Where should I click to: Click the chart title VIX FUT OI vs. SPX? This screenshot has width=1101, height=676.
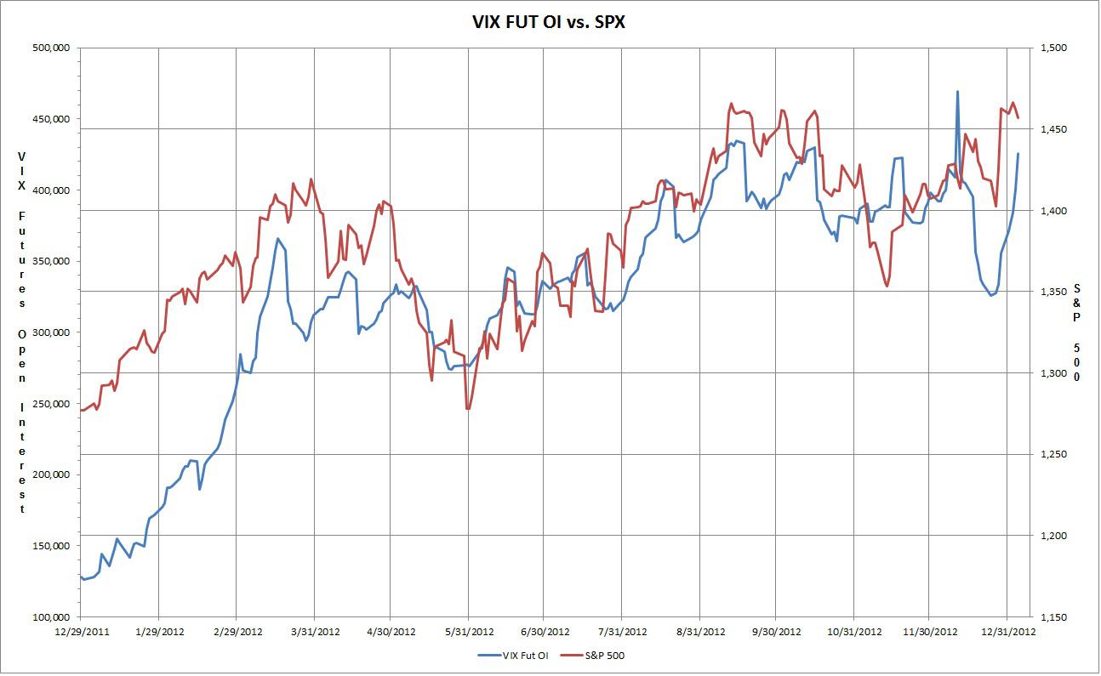click(x=549, y=23)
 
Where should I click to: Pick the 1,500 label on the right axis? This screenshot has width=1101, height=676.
click(x=1053, y=48)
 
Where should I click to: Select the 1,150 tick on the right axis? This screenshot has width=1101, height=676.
click(x=1053, y=617)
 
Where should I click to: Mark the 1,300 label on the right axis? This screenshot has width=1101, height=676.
click(x=1053, y=373)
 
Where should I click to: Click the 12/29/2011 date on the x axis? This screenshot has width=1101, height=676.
click(x=81, y=632)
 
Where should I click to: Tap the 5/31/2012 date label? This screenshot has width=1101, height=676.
click(x=469, y=632)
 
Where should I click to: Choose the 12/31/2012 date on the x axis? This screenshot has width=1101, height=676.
click(x=1007, y=632)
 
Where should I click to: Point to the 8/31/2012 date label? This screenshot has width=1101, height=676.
click(x=699, y=632)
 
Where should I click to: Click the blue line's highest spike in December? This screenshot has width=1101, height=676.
click(x=957, y=92)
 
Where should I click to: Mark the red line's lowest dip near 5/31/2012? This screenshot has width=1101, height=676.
click(x=468, y=409)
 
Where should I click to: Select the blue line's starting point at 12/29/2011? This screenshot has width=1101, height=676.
click(x=81, y=576)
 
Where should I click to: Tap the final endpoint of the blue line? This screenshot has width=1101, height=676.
click(x=1018, y=154)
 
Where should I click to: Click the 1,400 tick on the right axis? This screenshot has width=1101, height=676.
click(x=1053, y=211)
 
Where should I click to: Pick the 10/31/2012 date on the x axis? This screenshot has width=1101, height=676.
click(x=853, y=632)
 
